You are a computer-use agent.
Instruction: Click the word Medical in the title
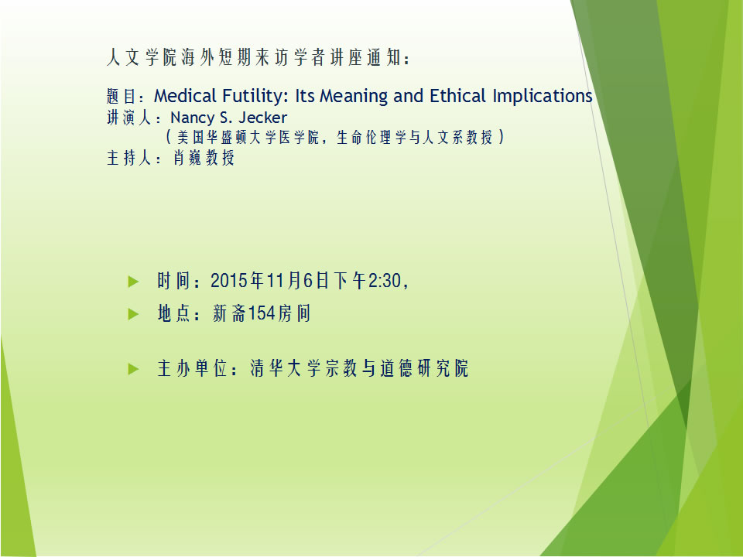point(185,96)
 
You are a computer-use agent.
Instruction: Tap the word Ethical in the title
point(458,96)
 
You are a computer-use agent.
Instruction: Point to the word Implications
point(543,97)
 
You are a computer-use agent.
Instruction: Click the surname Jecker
point(262,118)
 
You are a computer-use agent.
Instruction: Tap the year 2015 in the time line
point(230,281)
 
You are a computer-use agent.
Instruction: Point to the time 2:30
point(385,281)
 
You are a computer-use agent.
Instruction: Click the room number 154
point(262,313)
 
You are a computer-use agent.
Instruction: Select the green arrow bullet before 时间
point(134,282)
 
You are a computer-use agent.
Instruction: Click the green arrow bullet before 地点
point(134,314)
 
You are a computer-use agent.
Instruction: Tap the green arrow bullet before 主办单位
point(134,369)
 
